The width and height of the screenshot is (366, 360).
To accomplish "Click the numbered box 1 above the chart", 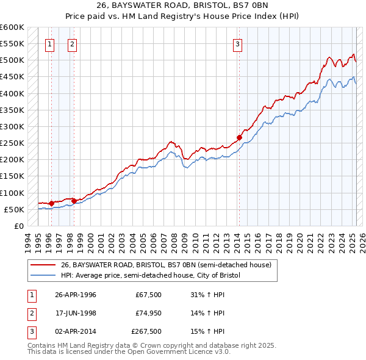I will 49,43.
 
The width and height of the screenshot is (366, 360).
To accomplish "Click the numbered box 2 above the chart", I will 72,43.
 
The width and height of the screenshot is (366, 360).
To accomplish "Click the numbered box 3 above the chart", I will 237,43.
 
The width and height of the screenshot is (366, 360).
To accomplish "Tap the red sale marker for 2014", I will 239,137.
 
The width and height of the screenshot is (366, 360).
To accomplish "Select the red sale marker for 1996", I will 51,203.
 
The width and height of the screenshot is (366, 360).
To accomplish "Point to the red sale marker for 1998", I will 74,201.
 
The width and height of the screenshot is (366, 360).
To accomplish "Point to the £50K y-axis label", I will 14,209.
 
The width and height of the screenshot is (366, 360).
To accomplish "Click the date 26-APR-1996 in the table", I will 76,295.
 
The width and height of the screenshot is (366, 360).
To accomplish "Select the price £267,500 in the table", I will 146,331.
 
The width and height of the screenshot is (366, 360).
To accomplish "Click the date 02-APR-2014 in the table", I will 76,331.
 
